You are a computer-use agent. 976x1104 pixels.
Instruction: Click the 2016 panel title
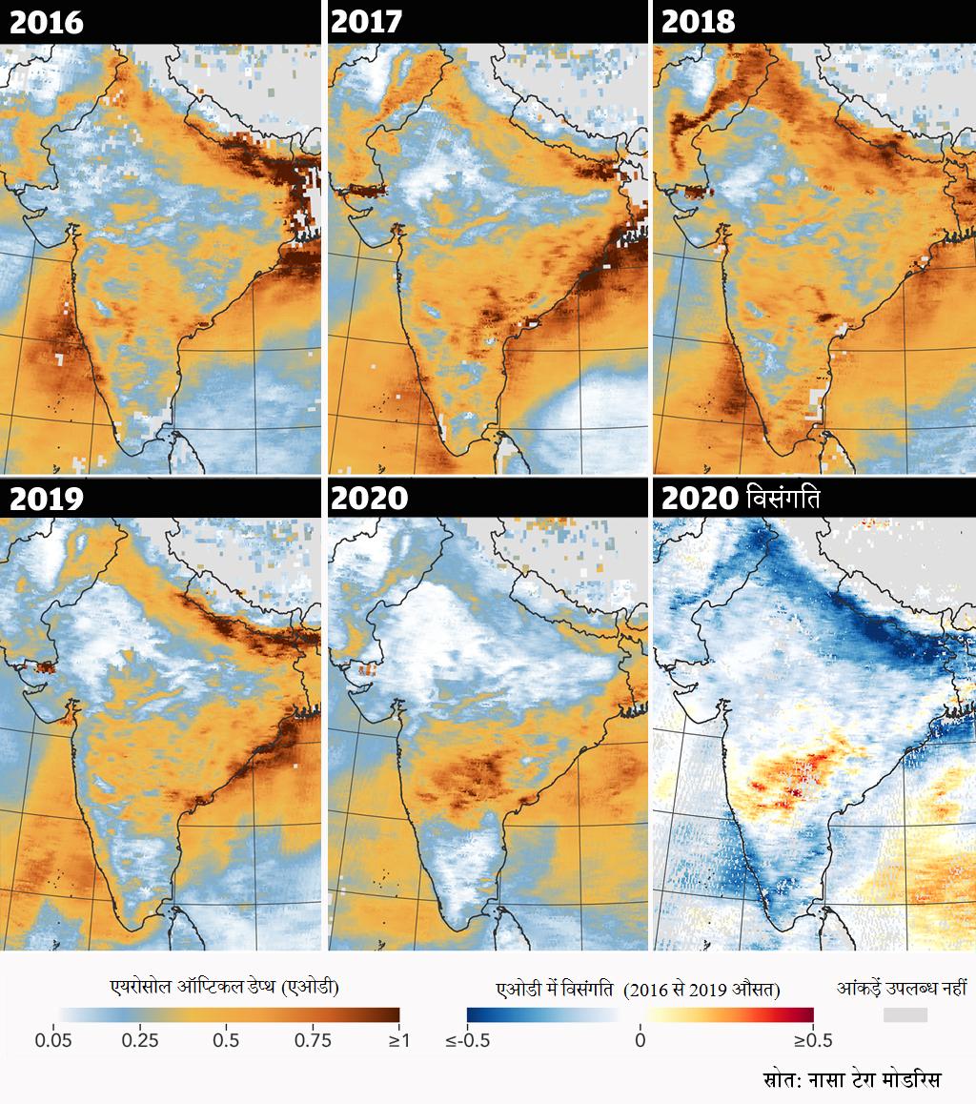46,22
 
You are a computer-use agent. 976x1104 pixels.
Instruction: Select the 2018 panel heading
698,22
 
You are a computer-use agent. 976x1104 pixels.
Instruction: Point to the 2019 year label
46,498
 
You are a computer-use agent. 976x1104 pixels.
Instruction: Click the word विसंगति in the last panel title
784,498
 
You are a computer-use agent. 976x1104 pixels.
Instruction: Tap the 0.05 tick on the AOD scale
66,1040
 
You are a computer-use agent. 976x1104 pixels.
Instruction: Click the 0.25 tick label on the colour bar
140,1040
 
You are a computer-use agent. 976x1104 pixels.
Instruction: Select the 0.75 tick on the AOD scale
313,1040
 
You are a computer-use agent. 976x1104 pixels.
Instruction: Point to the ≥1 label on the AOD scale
398,1040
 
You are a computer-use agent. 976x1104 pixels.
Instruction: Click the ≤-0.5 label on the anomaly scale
467,1040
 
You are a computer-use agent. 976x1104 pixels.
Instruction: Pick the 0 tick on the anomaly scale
640,1040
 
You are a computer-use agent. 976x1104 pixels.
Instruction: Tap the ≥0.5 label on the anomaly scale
813,1040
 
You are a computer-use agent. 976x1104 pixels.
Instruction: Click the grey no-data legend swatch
905,1015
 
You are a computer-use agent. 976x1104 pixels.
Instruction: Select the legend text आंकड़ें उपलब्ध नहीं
901,989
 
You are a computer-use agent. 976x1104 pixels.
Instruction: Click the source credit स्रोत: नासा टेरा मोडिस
852,1080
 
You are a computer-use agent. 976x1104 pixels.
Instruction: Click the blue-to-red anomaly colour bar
640,1016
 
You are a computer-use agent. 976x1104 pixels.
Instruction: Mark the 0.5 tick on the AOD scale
226,1040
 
